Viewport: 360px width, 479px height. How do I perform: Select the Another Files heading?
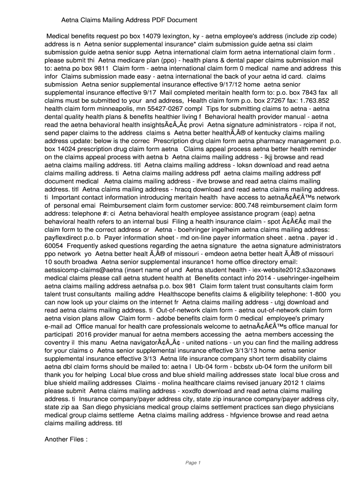click(65, 439)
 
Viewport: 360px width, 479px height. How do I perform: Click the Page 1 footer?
click(193, 463)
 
